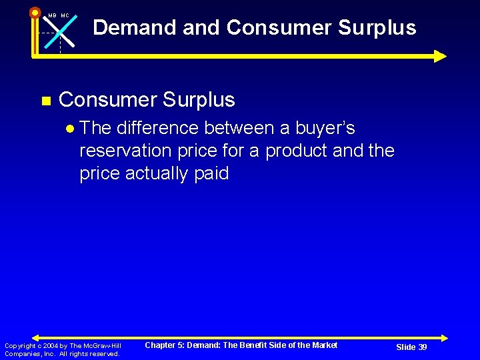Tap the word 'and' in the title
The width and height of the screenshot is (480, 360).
201,27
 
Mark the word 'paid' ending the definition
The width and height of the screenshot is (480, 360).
210,173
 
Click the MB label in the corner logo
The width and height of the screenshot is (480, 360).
52,15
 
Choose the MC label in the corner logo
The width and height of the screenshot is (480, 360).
65,15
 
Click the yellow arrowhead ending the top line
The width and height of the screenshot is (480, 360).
440,56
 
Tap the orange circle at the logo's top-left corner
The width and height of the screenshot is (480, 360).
35,12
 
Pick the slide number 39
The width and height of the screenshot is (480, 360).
422,347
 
